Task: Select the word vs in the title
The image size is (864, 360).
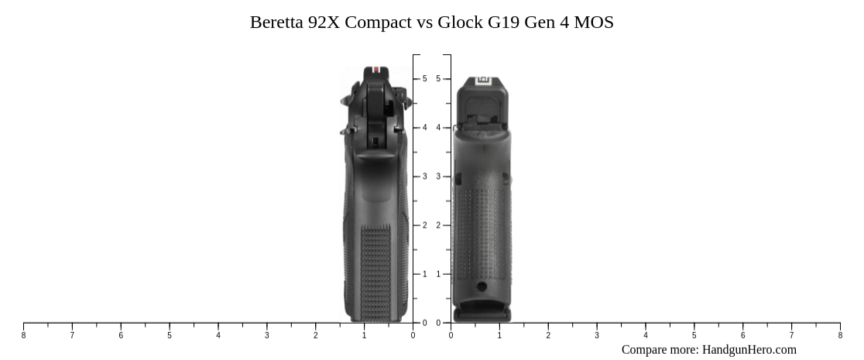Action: pyautogui.click(x=425, y=22)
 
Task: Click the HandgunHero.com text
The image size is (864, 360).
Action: pyautogui.click(x=749, y=350)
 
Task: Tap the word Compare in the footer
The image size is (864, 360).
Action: pyautogui.click(x=644, y=350)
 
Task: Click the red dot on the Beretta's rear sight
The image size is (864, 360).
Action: pyautogui.click(x=376, y=70)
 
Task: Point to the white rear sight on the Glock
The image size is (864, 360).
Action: pyautogui.click(x=485, y=81)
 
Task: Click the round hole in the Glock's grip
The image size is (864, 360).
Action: pyautogui.click(x=482, y=286)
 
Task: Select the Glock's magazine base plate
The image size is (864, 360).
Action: pyautogui.click(x=482, y=314)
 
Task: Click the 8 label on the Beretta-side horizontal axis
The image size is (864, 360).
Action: pyautogui.click(x=23, y=335)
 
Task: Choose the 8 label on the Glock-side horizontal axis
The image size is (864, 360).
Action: pyautogui.click(x=840, y=335)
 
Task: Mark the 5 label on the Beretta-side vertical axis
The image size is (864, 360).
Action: pyautogui.click(x=424, y=79)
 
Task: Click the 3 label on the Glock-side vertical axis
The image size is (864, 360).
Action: pyautogui.click(x=438, y=177)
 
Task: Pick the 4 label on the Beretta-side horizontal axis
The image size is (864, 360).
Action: pyautogui.click(x=218, y=335)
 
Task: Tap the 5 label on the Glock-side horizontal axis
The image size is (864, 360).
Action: pyautogui.click(x=694, y=335)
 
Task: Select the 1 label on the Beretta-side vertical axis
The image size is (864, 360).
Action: pyautogui.click(x=424, y=274)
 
